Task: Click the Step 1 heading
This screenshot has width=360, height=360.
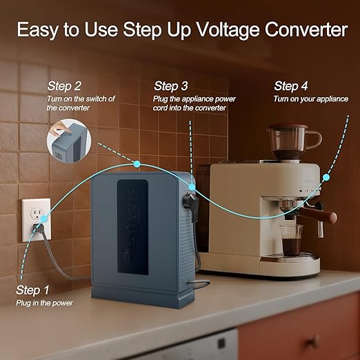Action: (32, 290)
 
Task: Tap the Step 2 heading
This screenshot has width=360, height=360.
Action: (64, 86)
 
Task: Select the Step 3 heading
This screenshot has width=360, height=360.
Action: (171, 86)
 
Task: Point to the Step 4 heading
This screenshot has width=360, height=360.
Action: (291, 86)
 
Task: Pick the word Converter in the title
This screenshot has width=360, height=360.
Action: (306, 30)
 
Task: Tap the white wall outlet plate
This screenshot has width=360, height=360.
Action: (37, 220)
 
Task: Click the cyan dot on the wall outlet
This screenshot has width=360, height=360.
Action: (43, 219)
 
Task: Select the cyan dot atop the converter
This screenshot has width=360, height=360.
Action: (137, 164)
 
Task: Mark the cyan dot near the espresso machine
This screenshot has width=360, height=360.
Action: (326, 177)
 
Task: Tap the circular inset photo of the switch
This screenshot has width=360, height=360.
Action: (69, 141)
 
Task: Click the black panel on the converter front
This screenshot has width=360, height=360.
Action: (132, 227)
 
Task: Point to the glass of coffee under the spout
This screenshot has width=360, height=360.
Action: (292, 241)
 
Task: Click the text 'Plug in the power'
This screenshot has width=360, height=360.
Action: (44, 303)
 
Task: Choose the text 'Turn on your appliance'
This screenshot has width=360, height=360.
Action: (311, 99)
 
